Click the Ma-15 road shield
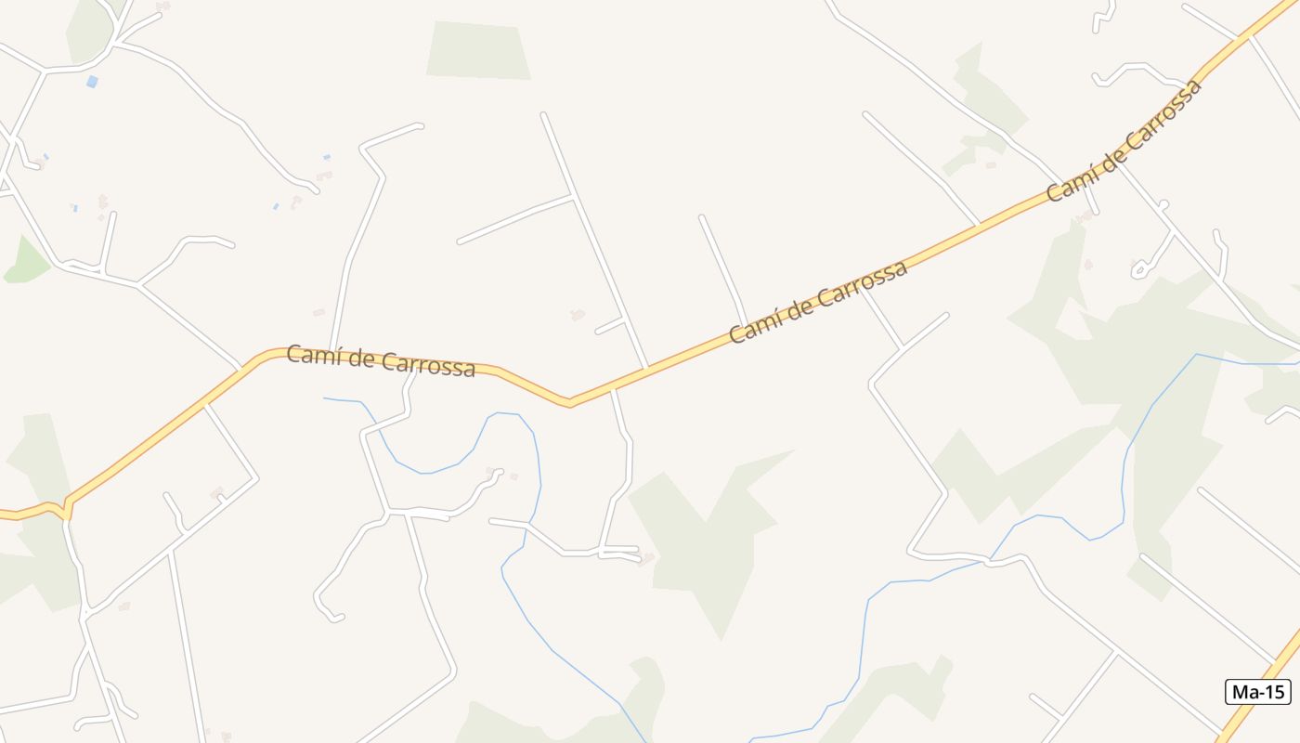point(1258,692)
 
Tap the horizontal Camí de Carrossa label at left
point(381,360)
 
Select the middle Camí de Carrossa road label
point(817,302)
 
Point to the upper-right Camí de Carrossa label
point(1124,139)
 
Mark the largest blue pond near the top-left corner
point(91,82)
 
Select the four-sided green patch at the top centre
point(477,50)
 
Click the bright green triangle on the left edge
point(27,263)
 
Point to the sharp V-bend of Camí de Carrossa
point(569,404)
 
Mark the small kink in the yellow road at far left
point(65,509)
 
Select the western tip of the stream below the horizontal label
point(325,398)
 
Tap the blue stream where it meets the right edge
point(1296,361)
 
